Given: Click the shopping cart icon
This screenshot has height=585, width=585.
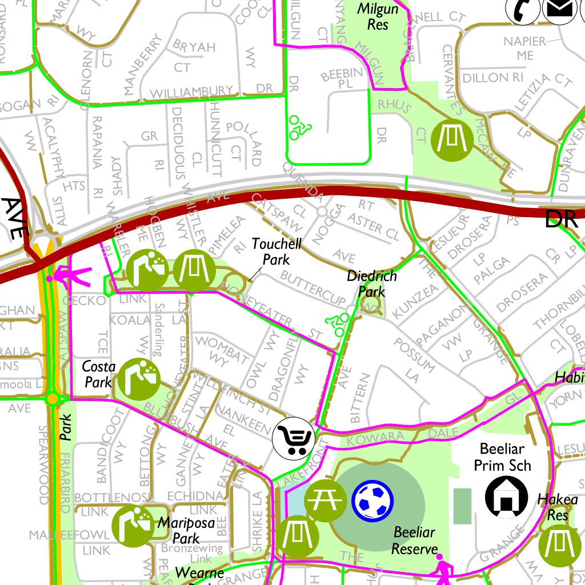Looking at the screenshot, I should tap(294, 438).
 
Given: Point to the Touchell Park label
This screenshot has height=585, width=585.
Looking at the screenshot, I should tap(277, 251).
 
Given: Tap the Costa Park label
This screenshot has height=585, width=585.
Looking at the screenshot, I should tap(99, 374).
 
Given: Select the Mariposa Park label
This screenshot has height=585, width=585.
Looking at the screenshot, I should tap(179, 530).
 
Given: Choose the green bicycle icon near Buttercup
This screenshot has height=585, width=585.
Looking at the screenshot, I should tap(338, 325).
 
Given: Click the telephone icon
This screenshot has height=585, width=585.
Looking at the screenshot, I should tap(523, 9).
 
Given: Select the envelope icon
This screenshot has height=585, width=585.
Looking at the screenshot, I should tap(558, 9).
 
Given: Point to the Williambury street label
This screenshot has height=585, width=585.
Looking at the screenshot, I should tap(191, 91).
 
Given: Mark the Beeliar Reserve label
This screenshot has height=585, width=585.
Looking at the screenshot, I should tap(414, 540).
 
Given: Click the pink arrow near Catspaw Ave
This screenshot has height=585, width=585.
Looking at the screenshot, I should tap(70, 278).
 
